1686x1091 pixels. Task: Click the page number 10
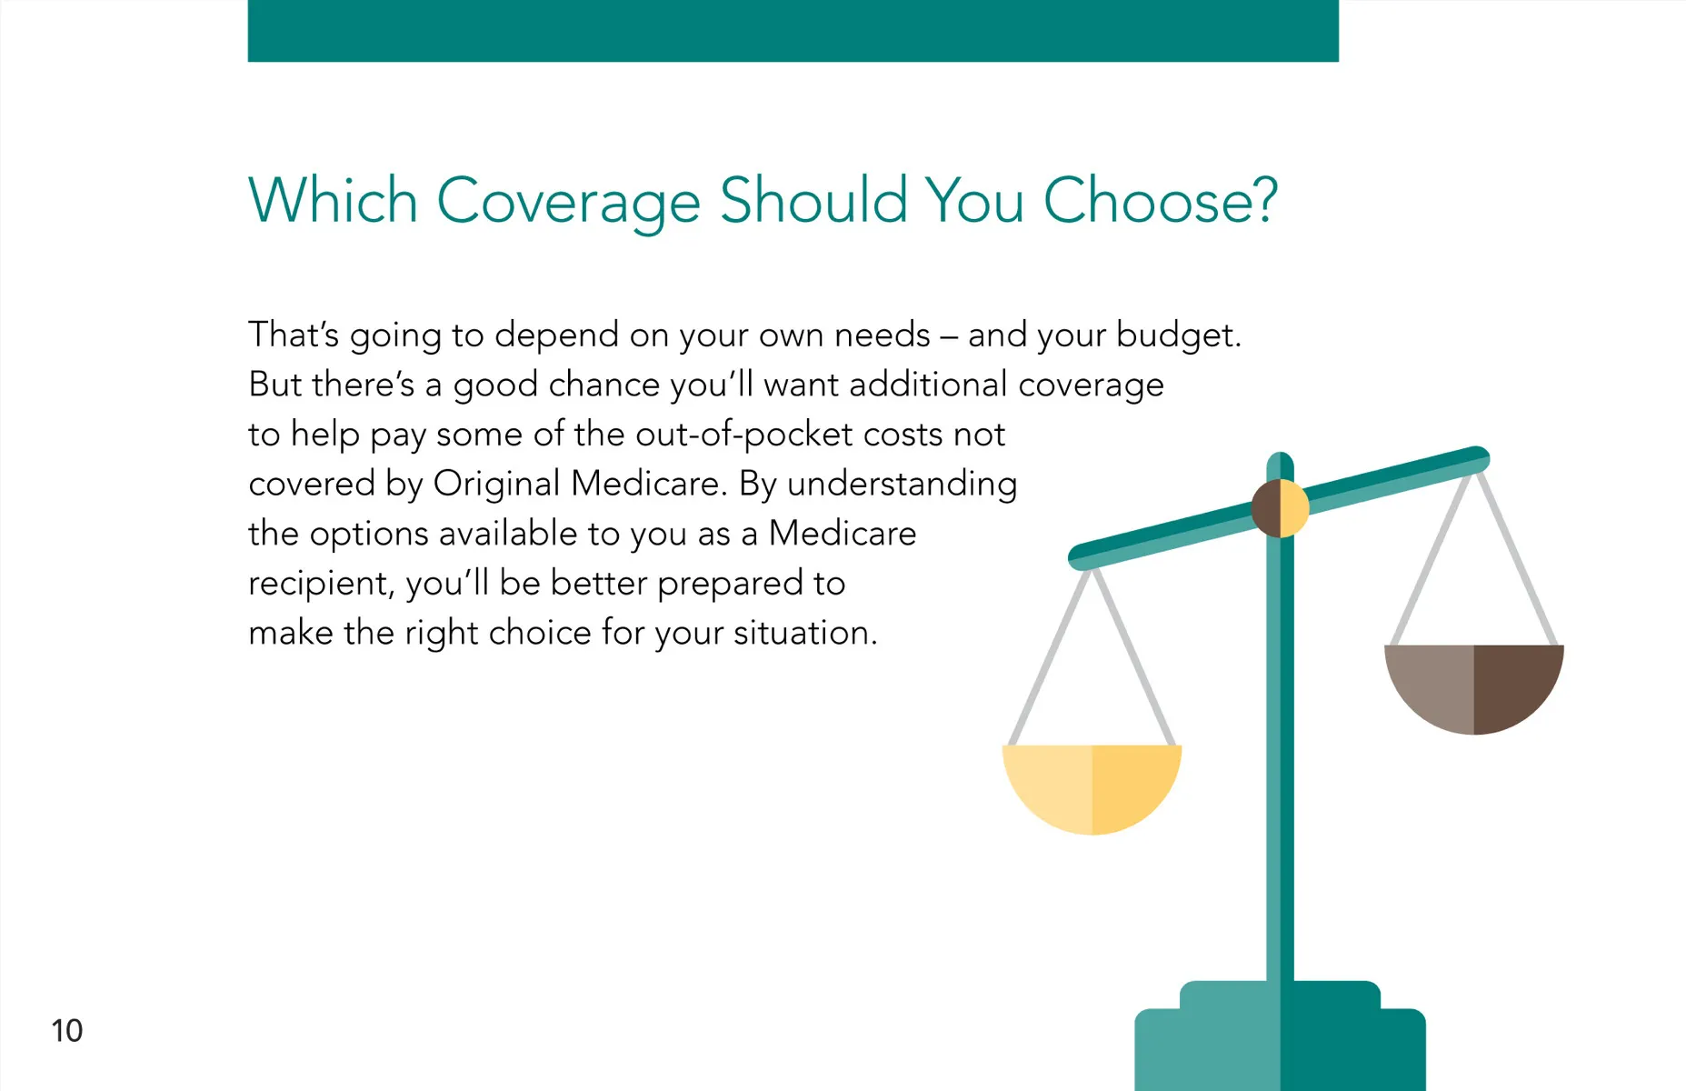[66, 1030]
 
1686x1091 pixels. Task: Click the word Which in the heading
[333, 200]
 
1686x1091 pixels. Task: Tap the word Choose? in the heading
[1161, 200]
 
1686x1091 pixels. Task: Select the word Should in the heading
[813, 200]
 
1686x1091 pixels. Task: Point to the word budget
[1178, 335]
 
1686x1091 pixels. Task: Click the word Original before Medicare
[496, 485]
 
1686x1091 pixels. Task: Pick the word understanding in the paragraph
[902, 485]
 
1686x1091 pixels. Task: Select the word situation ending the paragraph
[805, 633]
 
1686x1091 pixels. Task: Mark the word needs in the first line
[882, 335]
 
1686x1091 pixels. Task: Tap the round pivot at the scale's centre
[1280, 508]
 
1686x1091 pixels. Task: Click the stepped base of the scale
[1280, 1036]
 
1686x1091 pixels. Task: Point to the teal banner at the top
[793, 31]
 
